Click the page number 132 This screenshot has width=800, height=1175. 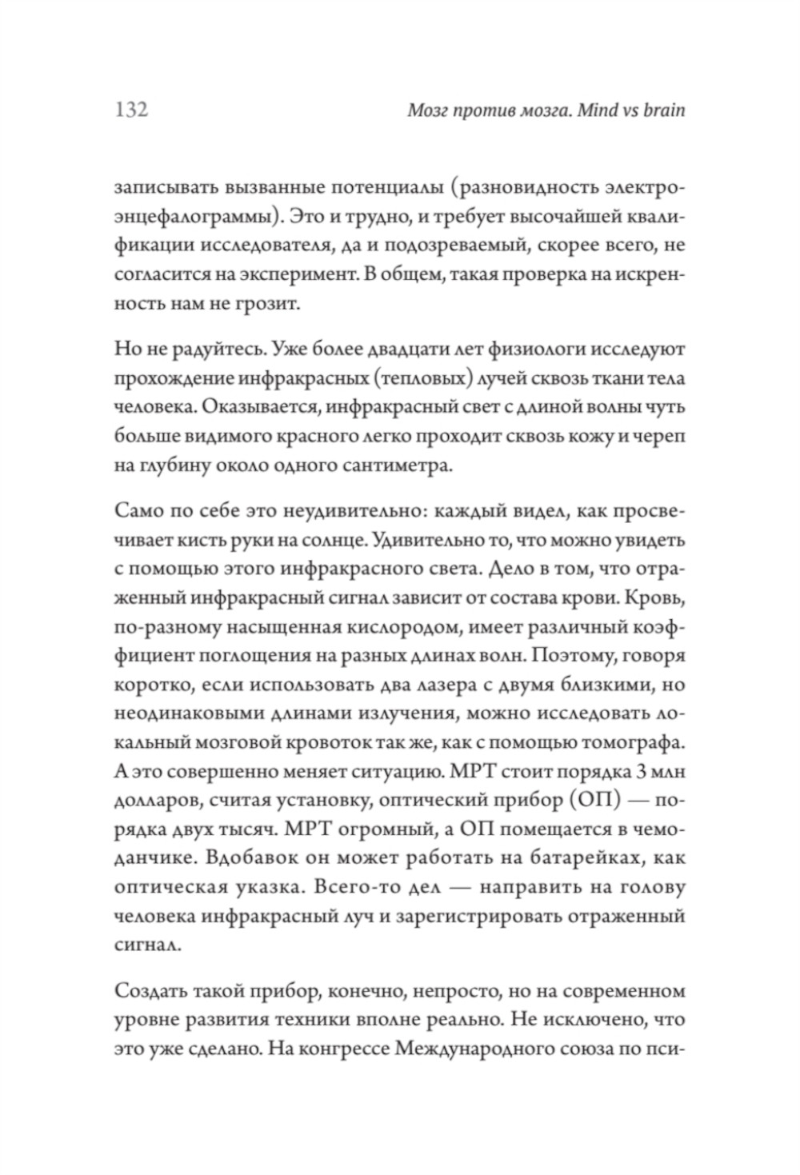132,109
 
